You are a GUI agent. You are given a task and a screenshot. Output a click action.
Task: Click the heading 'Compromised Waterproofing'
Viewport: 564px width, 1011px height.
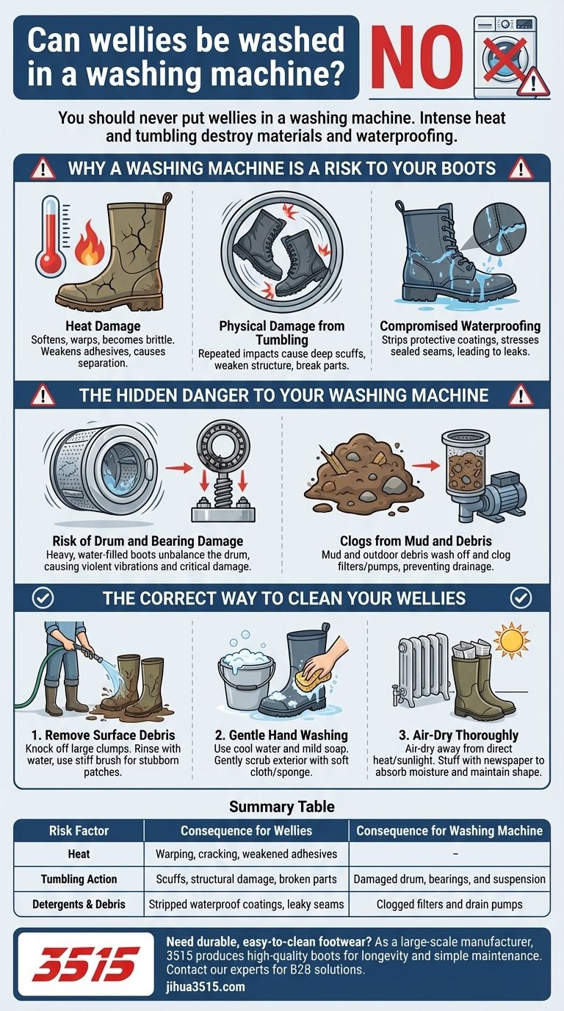click(x=460, y=325)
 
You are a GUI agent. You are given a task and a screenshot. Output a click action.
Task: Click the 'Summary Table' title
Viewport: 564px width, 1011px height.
click(x=282, y=807)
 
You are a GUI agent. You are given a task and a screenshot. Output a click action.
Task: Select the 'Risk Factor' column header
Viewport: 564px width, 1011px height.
click(x=79, y=831)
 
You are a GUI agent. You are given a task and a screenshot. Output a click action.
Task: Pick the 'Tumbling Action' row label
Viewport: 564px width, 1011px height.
click(x=79, y=879)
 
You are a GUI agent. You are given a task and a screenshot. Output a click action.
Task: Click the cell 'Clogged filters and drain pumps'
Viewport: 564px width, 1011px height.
click(x=449, y=904)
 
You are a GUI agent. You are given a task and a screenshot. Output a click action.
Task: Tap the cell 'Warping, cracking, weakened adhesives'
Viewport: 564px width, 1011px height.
click(x=246, y=854)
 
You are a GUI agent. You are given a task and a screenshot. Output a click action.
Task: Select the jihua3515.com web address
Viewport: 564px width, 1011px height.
click(x=206, y=987)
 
